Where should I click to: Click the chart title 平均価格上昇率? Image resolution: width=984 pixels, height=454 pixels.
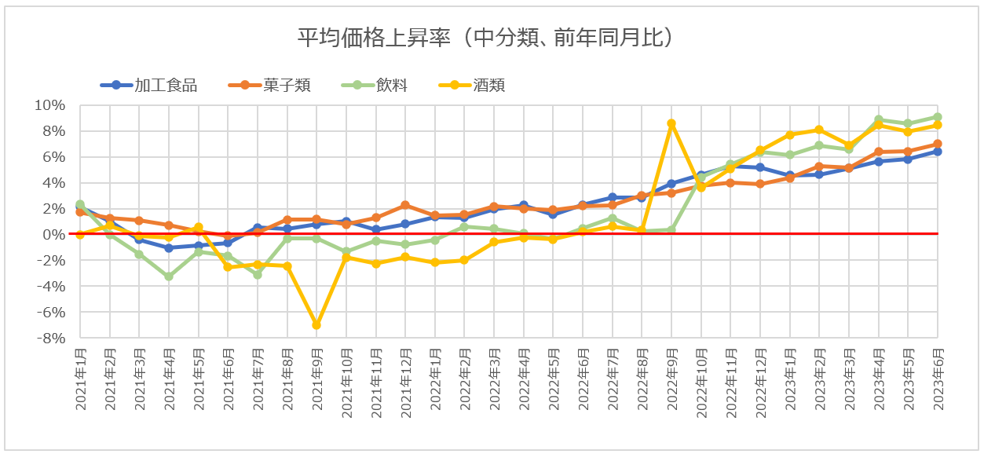[x=486, y=37]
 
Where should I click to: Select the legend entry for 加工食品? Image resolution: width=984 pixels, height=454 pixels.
[x=165, y=85]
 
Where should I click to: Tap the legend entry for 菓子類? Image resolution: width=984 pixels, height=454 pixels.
[x=287, y=85]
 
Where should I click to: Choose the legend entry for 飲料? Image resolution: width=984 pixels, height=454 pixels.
[x=391, y=85]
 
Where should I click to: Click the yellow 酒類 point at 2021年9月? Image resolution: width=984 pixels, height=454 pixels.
[x=316, y=324]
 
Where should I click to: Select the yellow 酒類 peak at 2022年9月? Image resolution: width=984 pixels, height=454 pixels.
[x=671, y=123]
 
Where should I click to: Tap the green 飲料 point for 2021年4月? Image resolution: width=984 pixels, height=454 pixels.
[x=168, y=276]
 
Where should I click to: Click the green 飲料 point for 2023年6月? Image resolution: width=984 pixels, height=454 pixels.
[x=937, y=117]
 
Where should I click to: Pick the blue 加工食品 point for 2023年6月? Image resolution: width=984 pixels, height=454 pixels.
[x=937, y=152]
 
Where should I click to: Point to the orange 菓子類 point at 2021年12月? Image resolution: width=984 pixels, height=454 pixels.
[x=405, y=205]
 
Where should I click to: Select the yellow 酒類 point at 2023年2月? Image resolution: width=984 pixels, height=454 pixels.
[x=819, y=130]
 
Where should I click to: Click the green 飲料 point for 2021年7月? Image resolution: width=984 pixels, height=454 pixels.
[x=257, y=275]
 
